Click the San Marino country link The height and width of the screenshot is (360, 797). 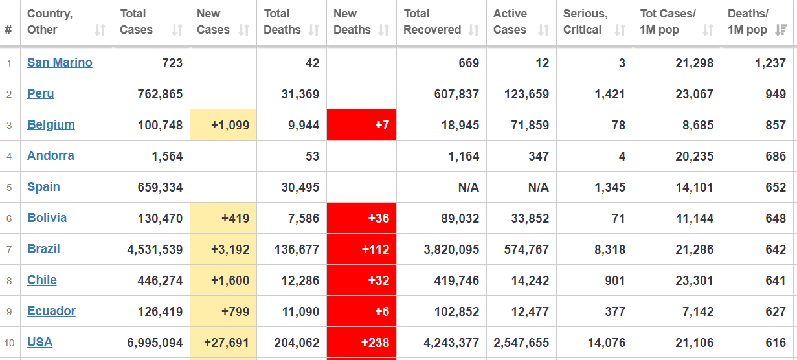60,63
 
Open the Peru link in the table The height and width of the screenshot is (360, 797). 41,93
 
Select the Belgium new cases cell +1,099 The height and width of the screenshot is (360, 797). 223,125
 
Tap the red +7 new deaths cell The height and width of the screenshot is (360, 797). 361,125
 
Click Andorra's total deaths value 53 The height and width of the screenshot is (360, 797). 312,156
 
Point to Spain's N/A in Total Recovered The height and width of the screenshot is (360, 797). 468,187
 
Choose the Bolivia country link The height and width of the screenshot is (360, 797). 47,218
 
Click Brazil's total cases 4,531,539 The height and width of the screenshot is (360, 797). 155,249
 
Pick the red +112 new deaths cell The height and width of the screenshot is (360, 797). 361,249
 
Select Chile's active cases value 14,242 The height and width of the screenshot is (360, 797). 530,280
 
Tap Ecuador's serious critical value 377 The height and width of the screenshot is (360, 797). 615,311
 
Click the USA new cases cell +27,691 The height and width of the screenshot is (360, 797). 223,343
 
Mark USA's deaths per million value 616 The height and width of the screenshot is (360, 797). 776,343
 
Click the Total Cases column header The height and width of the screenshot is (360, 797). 136,22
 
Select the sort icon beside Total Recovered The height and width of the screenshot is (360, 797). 473,30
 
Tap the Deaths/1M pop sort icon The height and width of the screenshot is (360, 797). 781,30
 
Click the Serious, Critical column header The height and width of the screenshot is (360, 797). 586,22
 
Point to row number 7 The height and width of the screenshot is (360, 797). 9,250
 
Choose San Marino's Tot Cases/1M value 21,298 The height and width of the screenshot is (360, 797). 694,63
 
